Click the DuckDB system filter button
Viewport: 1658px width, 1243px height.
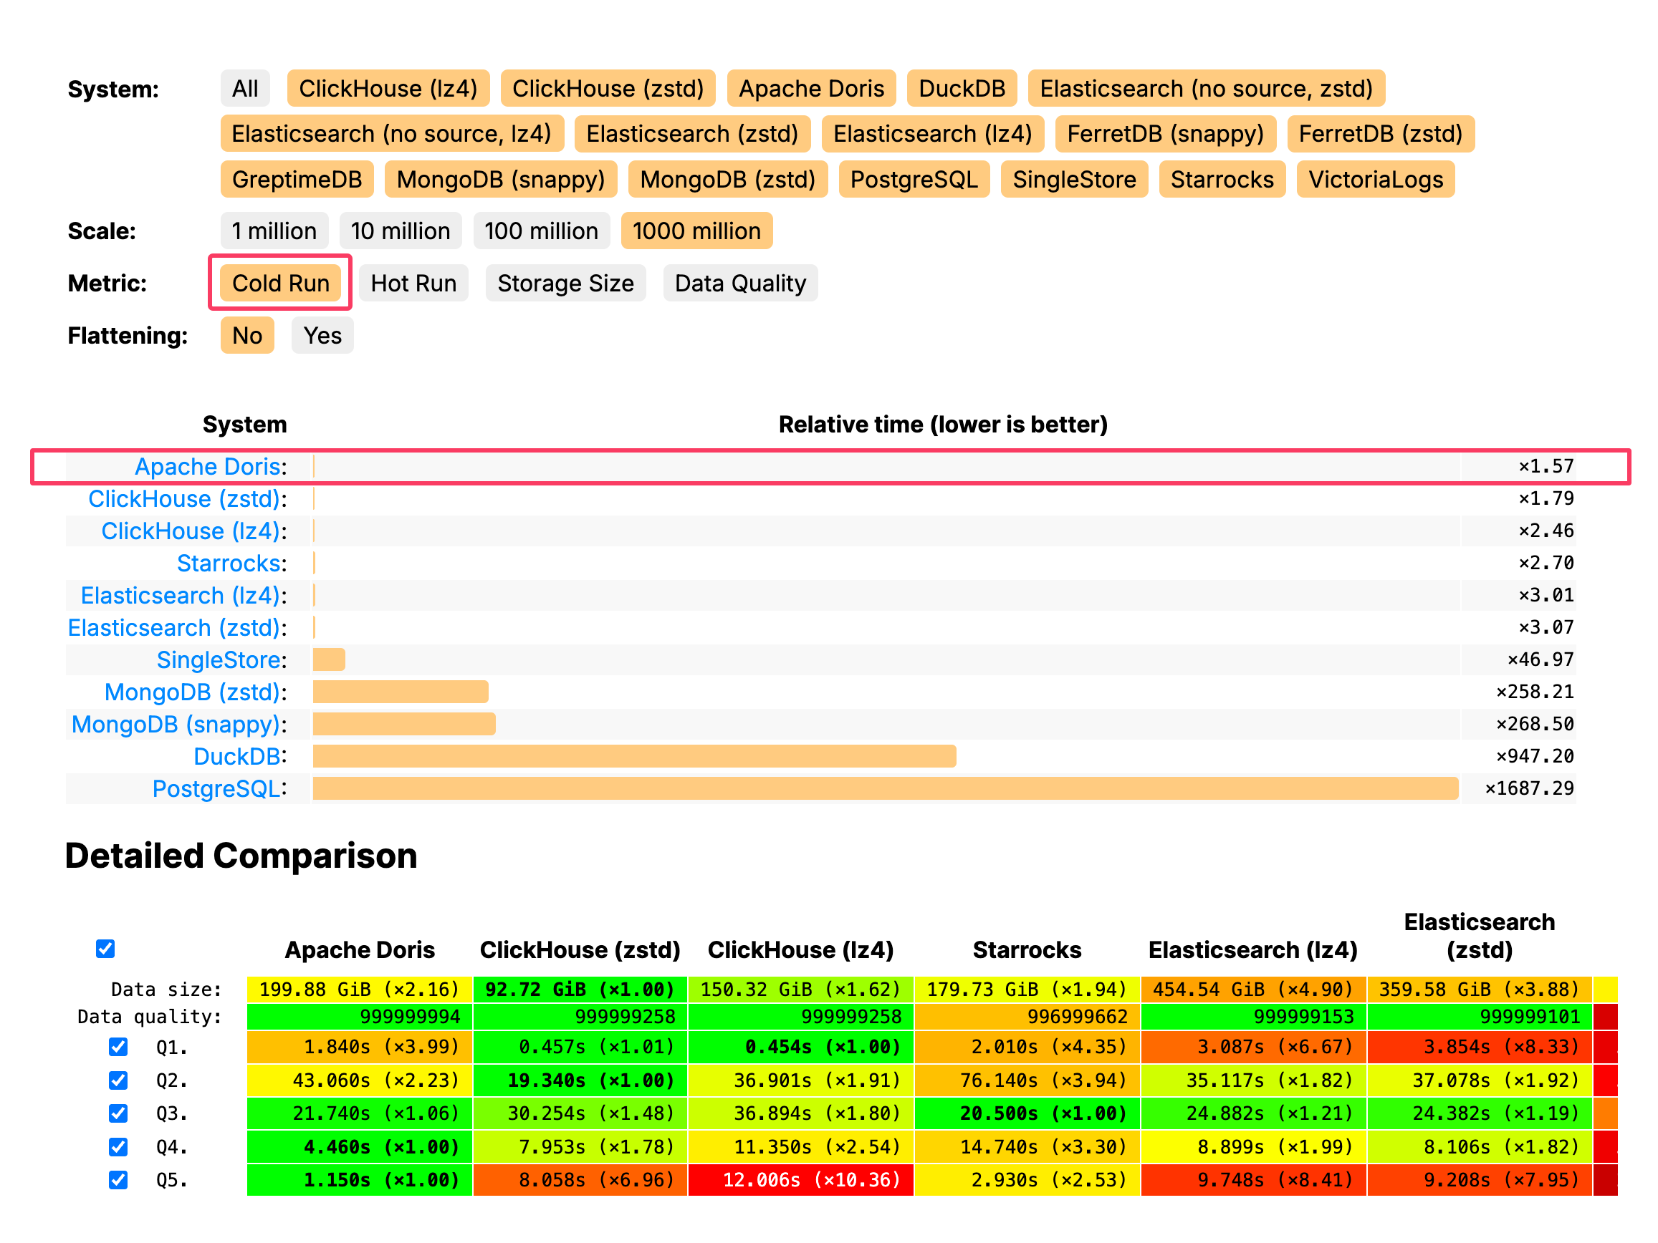961,88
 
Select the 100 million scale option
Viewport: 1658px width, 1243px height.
540,231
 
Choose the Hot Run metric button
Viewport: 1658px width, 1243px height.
413,284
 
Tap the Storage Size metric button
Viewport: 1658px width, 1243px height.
565,284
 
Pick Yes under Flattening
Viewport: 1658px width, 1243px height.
322,336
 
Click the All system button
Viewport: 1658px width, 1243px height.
245,88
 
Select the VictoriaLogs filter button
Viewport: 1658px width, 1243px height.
1375,180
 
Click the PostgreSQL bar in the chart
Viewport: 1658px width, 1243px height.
884,788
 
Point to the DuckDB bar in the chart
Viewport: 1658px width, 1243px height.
634,756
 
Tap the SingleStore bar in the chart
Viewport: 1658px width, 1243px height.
329,659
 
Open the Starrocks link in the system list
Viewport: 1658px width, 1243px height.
231,563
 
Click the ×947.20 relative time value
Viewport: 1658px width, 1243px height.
1534,756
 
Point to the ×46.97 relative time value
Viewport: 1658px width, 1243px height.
1540,659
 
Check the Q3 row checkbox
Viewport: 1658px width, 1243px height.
118,1113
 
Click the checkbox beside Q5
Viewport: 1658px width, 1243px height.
118,1180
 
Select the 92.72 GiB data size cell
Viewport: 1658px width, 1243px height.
580,989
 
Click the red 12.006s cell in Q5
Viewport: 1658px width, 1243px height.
800,1180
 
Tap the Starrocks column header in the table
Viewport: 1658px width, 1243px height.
1026,950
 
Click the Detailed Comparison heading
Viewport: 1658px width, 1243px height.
241,856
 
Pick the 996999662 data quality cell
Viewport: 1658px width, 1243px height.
1027,1017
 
